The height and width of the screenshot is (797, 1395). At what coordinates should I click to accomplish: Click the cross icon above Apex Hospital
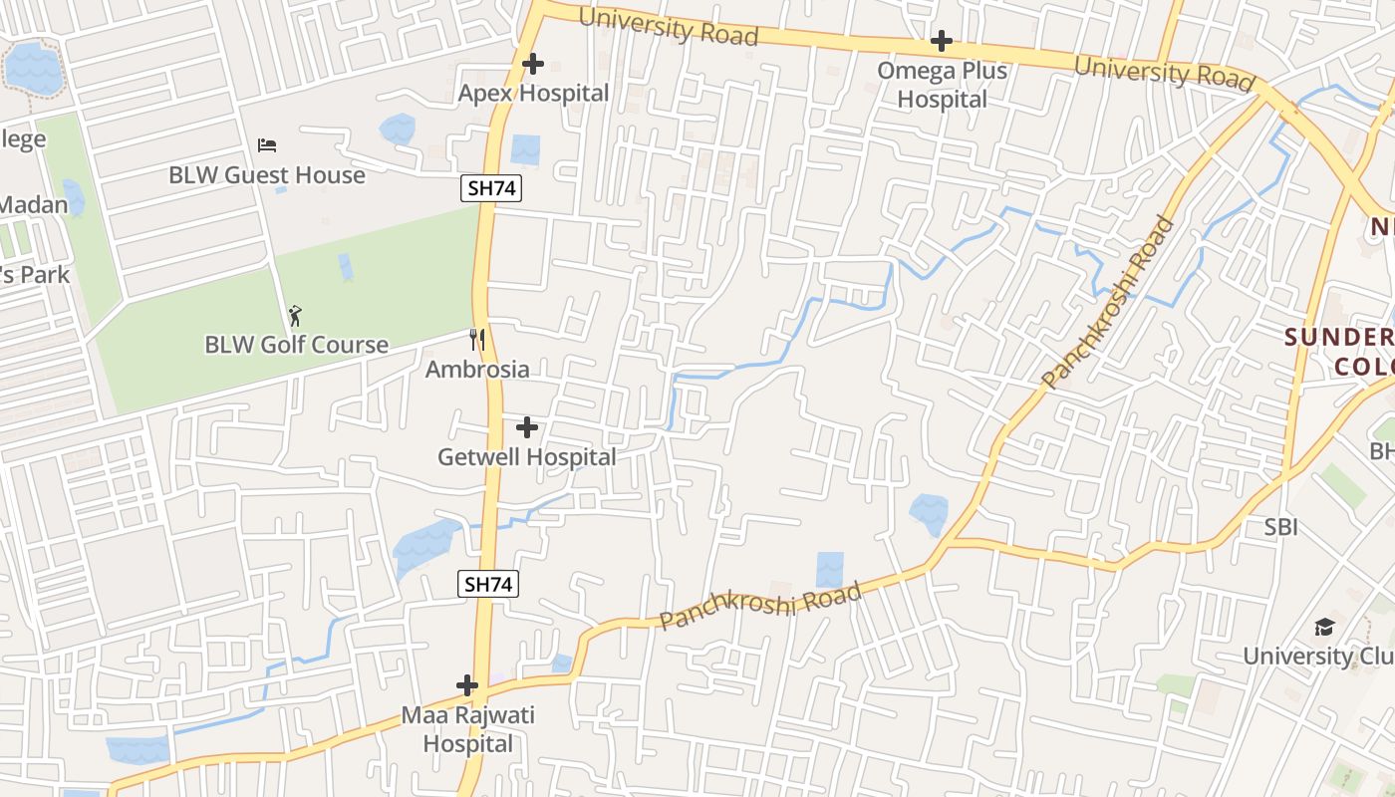point(533,64)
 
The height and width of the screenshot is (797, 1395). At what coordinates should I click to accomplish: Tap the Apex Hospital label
point(533,94)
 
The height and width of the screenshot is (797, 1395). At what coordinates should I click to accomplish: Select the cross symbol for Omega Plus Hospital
point(942,41)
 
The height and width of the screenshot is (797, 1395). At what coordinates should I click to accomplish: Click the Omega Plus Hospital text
point(942,85)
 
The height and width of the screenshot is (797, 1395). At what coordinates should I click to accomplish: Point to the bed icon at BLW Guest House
point(267,145)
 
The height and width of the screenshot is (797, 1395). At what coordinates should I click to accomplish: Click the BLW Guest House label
point(267,175)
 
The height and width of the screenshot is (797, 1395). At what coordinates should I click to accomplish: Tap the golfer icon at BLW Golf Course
point(295,316)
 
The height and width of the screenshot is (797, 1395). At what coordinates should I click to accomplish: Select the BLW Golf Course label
point(296,345)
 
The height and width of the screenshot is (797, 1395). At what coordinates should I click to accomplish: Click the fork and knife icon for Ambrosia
point(477,340)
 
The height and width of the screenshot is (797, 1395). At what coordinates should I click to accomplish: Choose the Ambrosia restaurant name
point(477,370)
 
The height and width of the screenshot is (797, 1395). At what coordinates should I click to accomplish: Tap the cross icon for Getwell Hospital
point(527,427)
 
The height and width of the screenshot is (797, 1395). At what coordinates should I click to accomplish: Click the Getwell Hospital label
point(527,457)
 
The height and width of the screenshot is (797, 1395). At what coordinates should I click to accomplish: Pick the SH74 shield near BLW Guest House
point(491,188)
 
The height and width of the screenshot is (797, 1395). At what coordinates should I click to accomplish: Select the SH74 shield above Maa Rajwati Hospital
point(488,585)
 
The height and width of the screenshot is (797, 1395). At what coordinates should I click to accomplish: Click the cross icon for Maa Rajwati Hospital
point(467,685)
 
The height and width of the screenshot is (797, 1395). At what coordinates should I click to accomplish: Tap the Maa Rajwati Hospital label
point(467,729)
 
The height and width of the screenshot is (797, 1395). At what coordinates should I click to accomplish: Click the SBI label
point(1280,527)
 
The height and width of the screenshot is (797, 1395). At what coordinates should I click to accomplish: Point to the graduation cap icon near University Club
point(1324,627)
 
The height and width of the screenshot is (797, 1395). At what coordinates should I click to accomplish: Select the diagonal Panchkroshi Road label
point(1108,303)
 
